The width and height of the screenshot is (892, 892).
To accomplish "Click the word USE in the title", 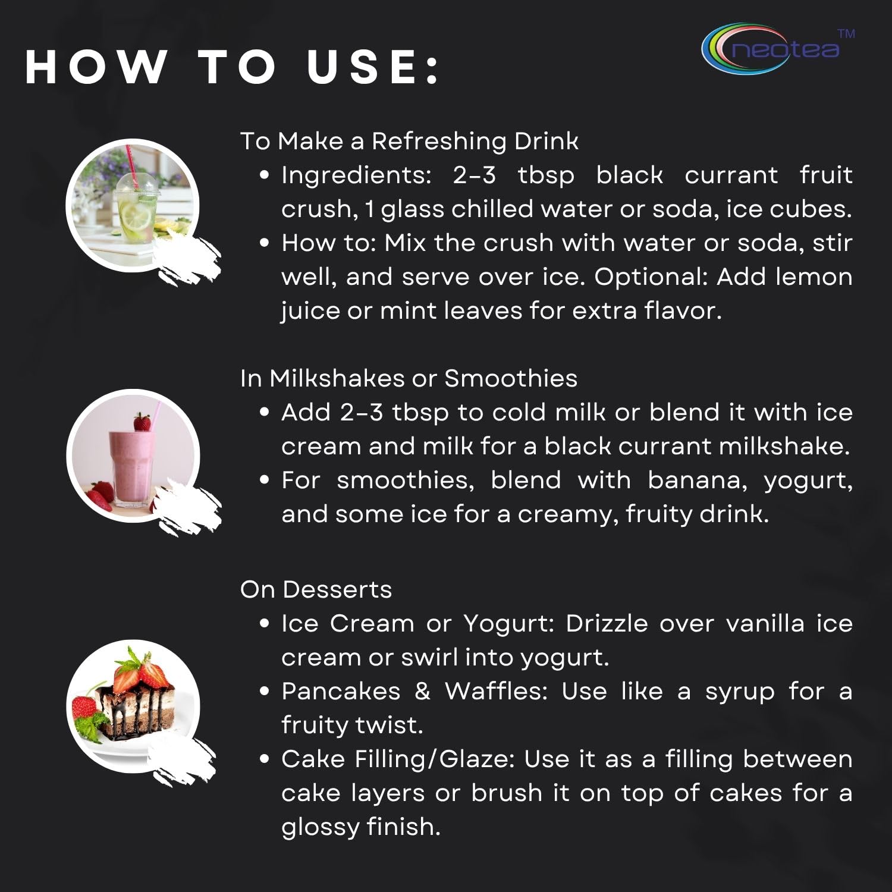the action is point(373,66).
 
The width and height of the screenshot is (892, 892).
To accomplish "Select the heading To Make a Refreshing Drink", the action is point(409,142).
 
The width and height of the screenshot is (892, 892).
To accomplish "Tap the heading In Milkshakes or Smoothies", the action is point(409,378).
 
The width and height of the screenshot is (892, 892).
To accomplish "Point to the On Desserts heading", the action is point(316,589).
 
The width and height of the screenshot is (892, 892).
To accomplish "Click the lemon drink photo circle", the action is point(133,206).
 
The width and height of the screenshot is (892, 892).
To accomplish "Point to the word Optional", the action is point(651,277).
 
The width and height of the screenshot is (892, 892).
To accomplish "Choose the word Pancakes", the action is point(341,692).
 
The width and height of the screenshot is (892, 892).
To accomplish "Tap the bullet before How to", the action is point(265,243).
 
